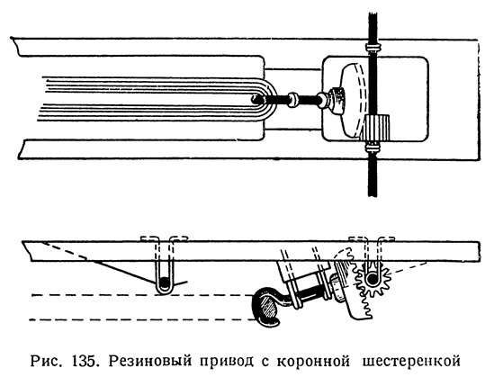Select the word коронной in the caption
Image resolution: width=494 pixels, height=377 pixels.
pyautogui.click(x=313, y=363)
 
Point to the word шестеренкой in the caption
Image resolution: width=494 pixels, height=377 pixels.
pyautogui.click(x=411, y=363)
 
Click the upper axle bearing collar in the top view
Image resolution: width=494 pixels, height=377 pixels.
pyautogui.click(x=373, y=48)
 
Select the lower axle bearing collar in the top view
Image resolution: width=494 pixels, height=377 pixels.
pyautogui.click(x=373, y=147)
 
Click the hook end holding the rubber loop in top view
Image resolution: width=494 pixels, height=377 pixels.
pyautogui.click(x=256, y=100)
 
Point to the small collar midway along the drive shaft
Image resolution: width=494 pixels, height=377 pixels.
pyautogui.click(x=292, y=100)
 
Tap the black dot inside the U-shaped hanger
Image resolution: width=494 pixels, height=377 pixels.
pyautogui.click(x=164, y=283)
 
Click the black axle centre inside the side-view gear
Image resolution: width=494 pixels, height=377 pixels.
pyautogui.click(x=373, y=279)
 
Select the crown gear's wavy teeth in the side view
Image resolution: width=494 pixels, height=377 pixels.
pyautogui.click(x=359, y=282)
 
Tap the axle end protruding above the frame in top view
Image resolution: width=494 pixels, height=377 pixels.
pyautogui.click(x=373, y=27)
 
